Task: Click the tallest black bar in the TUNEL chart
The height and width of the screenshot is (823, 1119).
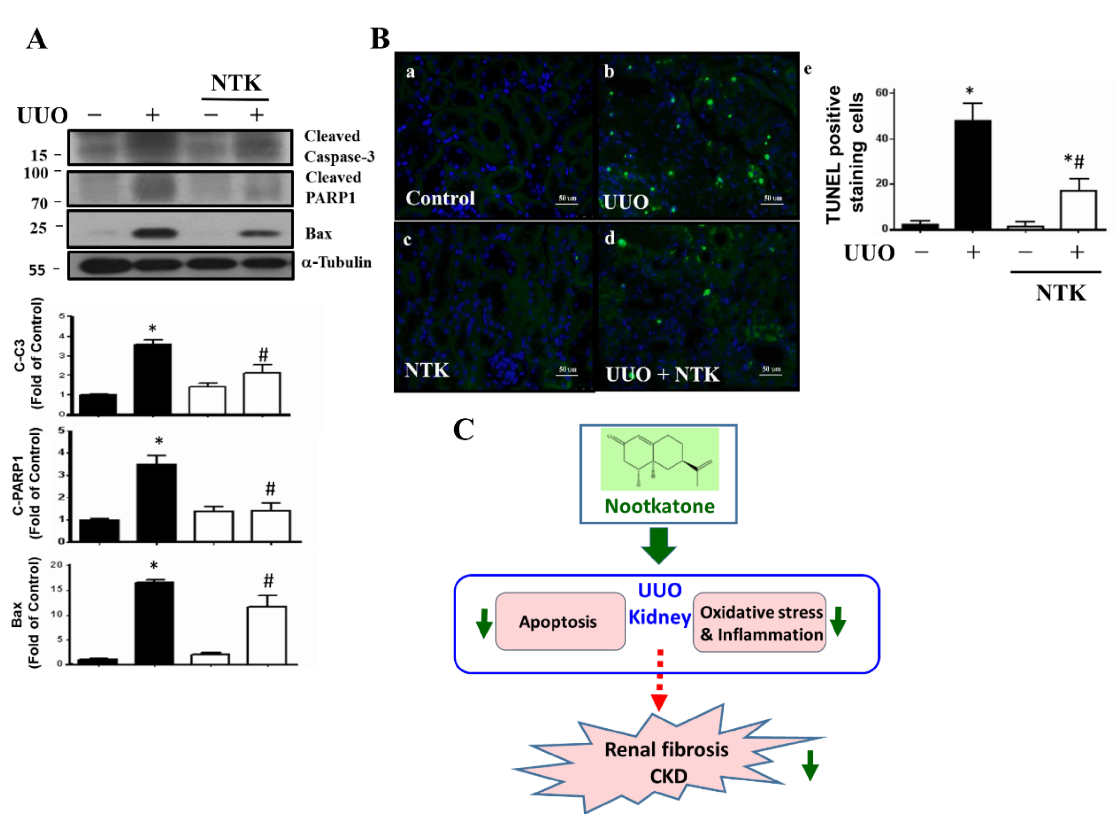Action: (x=972, y=174)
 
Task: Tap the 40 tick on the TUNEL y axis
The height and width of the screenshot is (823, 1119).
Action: (x=882, y=139)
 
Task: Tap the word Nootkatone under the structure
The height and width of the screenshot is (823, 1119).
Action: (x=659, y=506)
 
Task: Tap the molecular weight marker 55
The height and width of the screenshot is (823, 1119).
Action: (x=37, y=270)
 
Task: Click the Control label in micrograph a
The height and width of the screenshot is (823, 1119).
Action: (x=440, y=198)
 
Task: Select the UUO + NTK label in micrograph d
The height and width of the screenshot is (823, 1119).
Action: (x=662, y=374)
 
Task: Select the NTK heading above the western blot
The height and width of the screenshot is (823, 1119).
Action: (x=236, y=83)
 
